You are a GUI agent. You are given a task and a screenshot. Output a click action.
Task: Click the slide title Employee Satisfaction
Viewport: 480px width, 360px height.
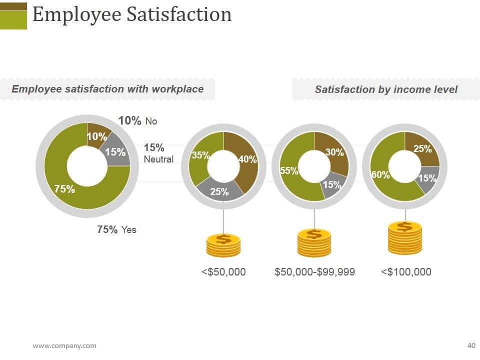tap(132, 14)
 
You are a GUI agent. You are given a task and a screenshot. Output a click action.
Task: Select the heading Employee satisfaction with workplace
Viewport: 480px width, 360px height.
tap(107, 89)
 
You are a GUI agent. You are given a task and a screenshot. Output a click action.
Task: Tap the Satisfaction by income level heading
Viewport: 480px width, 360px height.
tap(386, 89)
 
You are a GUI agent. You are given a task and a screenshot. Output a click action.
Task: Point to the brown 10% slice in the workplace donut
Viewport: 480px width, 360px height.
tap(96, 134)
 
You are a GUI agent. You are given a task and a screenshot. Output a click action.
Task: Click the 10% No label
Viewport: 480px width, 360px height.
tap(137, 121)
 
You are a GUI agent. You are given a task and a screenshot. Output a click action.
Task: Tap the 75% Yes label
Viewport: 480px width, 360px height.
tap(116, 229)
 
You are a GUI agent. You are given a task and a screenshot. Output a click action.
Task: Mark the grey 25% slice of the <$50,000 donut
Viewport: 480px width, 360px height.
tap(219, 191)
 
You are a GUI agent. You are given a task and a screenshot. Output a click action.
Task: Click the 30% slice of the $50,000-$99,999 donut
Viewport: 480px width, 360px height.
tap(333, 151)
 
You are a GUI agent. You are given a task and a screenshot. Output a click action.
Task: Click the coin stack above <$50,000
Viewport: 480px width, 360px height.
tap(223, 245)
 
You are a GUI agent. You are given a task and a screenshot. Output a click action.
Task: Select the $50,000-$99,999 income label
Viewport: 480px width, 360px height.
tap(315, 272)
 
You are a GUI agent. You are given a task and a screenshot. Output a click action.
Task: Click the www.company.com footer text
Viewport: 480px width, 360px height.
tap(64, 345)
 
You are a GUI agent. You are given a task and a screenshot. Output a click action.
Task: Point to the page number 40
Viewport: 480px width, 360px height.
tap(471, 345)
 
